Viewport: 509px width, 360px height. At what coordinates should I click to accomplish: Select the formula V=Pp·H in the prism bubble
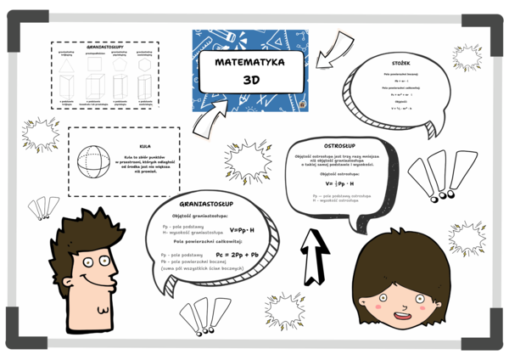tap(242, 230)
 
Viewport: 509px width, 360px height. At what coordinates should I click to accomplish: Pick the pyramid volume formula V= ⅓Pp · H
tap(339, 183)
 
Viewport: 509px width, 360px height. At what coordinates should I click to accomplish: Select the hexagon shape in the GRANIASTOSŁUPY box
tap(144, 65)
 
